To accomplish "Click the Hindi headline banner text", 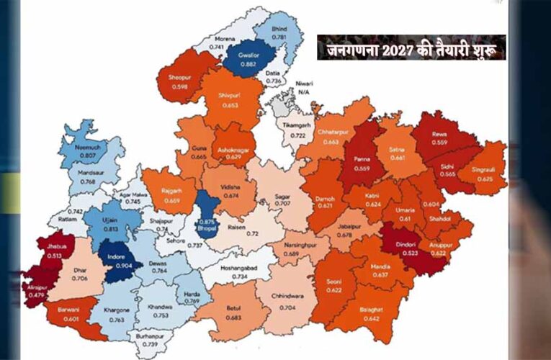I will (x=411, y=48).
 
